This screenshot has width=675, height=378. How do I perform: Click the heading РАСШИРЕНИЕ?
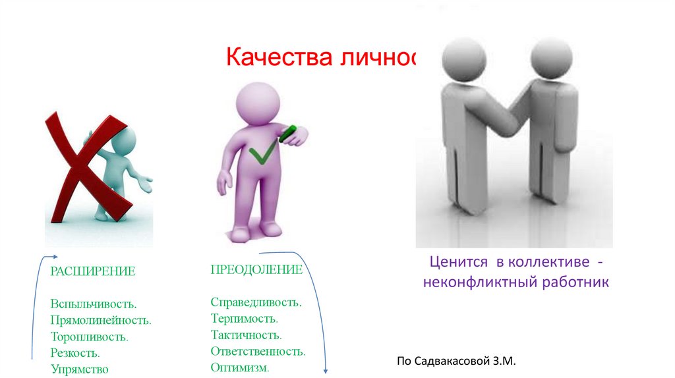click(92, 271)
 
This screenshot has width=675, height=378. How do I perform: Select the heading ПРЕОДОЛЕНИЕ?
click(256, 270)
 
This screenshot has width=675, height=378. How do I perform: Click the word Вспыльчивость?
click(93, 304)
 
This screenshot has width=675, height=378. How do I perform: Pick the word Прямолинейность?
click(101, 321)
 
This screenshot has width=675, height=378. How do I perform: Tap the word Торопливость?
click(89, 337)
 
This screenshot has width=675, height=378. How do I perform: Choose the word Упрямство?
click(79, 369)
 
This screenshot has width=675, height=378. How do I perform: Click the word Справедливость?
click(256, 303)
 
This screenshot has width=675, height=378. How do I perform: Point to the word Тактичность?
click(247, 335)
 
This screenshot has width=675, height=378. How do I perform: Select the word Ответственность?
click(258, 352)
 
